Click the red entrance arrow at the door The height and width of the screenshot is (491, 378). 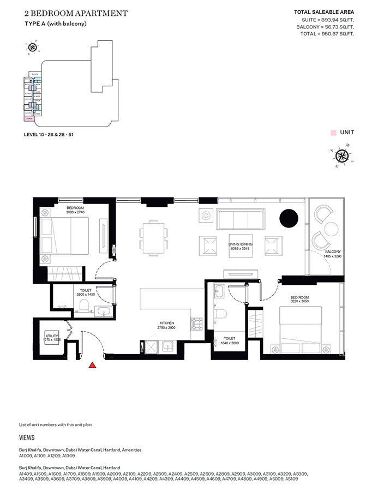coord(93,365)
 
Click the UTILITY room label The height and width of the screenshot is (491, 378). coord(51,336)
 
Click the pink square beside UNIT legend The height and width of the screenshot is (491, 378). coord(333,133)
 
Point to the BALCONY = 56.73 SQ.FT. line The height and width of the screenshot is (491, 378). coord(325,26)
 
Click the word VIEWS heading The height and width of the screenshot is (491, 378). coord(27,438)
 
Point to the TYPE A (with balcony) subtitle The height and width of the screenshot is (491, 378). coord(56,23)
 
